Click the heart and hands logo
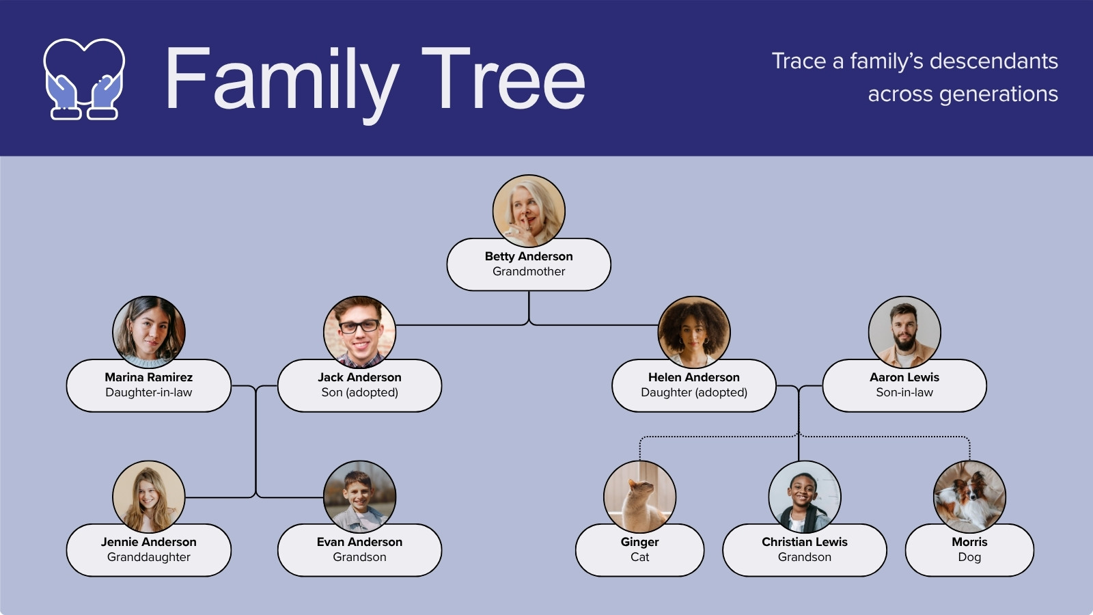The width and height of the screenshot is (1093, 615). point(84,79)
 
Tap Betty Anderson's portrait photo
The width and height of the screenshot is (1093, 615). point(529,211)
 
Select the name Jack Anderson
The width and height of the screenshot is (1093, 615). point(359,377)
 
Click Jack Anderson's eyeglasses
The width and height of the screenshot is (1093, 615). point(359,326)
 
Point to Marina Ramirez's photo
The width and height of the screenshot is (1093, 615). point(149,332)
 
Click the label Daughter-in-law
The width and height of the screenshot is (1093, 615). point(149,392)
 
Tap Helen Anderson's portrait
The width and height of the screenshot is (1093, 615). point(694,332)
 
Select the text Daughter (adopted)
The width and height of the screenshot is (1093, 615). point(694,392)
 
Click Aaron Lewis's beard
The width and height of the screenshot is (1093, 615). point(904,342)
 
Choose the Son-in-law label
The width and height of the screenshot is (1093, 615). point(904,392)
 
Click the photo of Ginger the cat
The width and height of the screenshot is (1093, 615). point(639,497)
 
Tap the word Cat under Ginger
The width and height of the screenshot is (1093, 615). point(639,557)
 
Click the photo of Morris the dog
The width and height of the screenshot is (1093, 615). point(969,497)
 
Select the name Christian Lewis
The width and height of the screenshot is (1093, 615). point(805,542)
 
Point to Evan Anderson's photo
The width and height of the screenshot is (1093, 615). point(359,497)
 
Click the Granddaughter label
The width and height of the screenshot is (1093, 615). point(149,557)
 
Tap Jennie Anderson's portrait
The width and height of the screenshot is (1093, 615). point(149,497)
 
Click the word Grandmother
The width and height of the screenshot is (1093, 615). point(529,271)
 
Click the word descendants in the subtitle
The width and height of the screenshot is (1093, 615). point(994,61)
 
